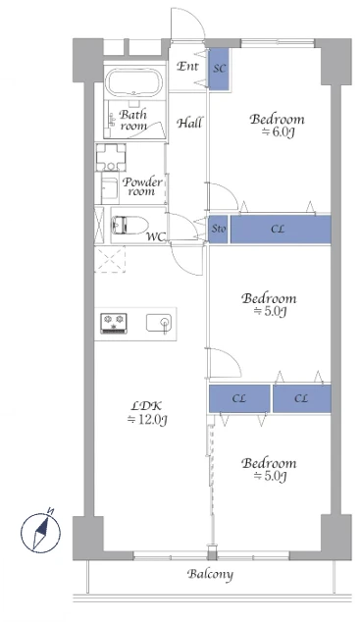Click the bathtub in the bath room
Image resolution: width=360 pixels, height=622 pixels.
pyautogui.click(x=134, y=82)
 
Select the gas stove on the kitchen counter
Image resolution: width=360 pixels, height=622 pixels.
pyautogui.click(x=114, y=323)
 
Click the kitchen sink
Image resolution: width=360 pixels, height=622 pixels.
pyautogui.click(x=159, y=323)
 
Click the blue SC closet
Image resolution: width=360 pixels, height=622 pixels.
pyautogui.click(x=219, y=69)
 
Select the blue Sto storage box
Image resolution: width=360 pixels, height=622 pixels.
pyautogui.click(x=219, y=229)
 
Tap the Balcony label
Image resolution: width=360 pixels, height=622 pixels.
pyautogui.click(x=210, y=574)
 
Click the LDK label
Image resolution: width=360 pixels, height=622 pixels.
pyautogui.click(x=146, y=406)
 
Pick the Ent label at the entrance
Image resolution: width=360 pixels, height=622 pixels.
pyautogui.click(x=187, y=66)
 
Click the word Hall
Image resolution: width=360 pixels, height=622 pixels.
pyautogui.click(x=189, y=123)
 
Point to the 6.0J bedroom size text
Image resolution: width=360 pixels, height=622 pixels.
pyautogui.click(x=278, y=132)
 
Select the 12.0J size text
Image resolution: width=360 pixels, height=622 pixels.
pyautogui.click(x=147, y=420)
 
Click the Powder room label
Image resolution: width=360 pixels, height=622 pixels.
pyautogui.click(x=142, y=186)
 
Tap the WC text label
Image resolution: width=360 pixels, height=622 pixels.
pyautogui.click(x=155, y=236)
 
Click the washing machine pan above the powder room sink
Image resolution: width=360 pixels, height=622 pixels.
pyautogui.click(x=111, y=157)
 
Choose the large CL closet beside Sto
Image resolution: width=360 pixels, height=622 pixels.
pyautogui.click(x=281, y=229)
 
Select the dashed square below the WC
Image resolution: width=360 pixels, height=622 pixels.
pyautogui.click(x=110, y=259)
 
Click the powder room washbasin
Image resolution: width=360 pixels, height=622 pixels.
pyautogui.click(x=110, y=188)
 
